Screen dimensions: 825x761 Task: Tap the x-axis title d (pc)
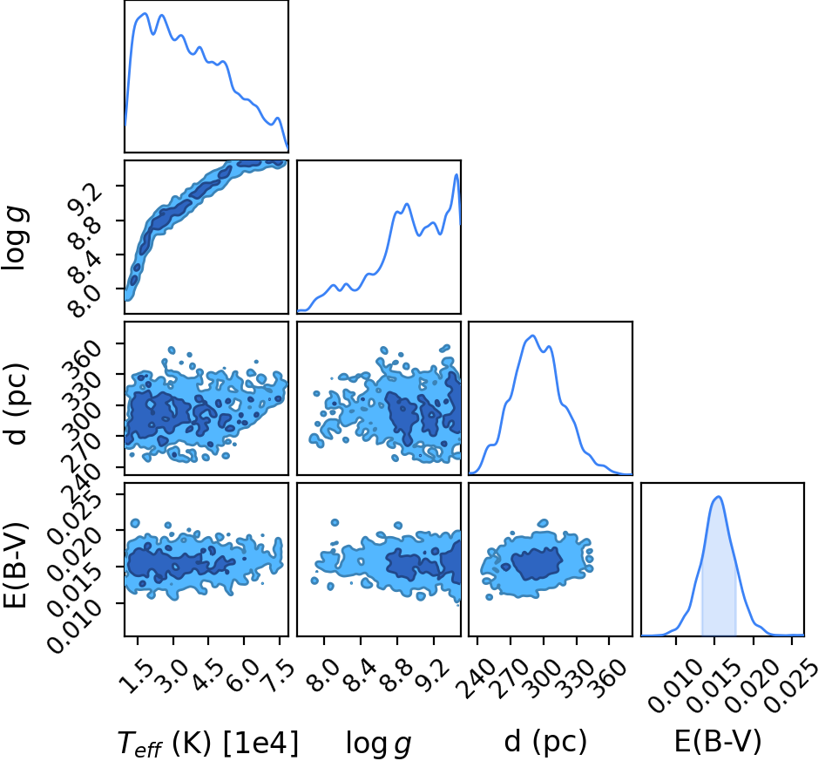point(545,742)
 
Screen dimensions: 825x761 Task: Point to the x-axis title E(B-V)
point(718,741)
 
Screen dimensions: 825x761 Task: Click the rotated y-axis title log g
point(16,239)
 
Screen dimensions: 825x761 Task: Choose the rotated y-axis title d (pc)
point(16,404)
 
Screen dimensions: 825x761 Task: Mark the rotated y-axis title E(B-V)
point(15,565)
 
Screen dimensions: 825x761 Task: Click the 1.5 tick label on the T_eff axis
point(135,676)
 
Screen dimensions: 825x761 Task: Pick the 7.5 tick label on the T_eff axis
point(277,676)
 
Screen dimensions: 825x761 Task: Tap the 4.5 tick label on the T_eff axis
point(206,676)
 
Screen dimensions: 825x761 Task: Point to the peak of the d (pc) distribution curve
point(533,336)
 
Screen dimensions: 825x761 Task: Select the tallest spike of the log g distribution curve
point(456,174)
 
